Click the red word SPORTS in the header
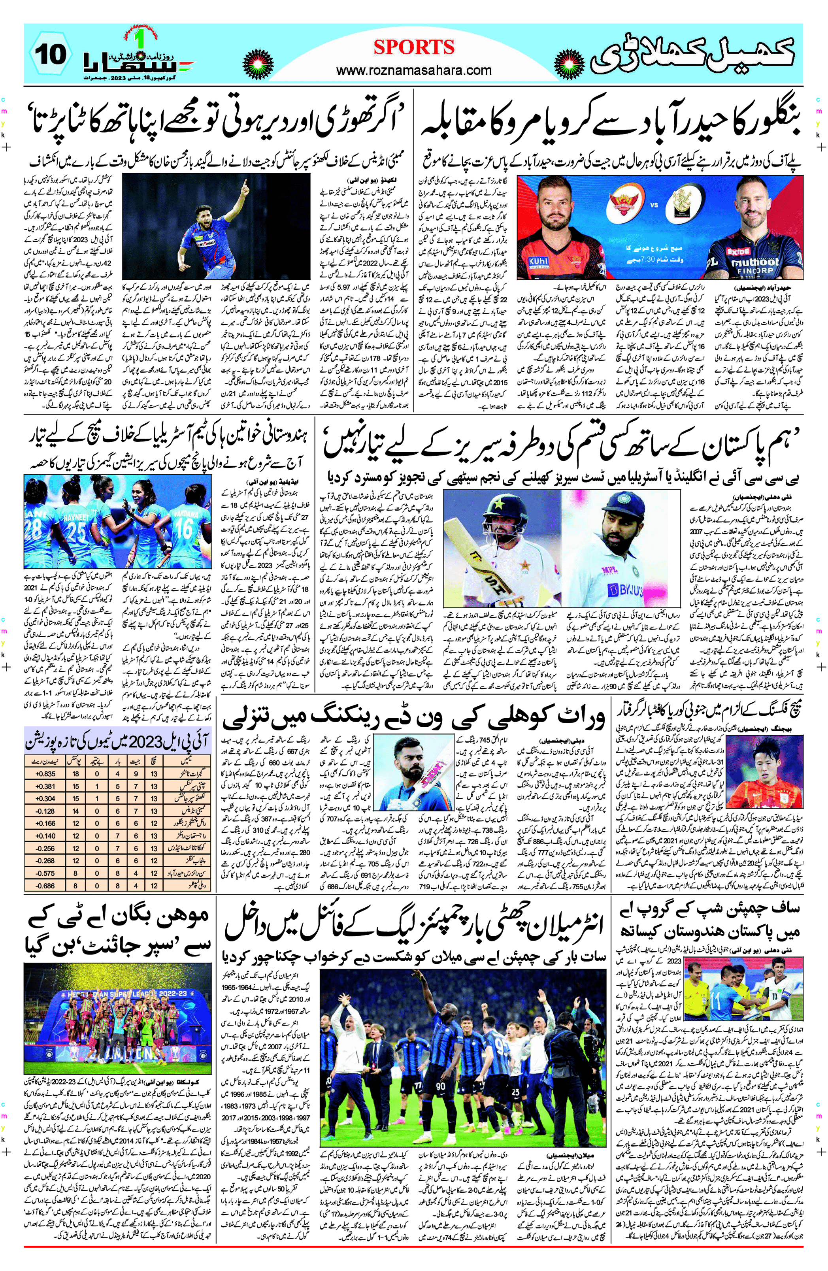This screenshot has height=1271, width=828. pyautogui.click(x=414, y=47)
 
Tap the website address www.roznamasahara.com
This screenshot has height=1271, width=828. pyautogui.click(x=414, y=70)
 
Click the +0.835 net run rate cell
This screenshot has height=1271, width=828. pyautogui.click(x=45, y=774)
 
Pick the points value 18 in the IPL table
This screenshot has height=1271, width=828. pyautogui.click(x=76, y=774)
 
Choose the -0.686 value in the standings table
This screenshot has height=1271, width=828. pyautogui.click(x=45, y=885)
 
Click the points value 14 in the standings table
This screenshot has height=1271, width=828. pyautogui.click(x=76, y=811)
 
